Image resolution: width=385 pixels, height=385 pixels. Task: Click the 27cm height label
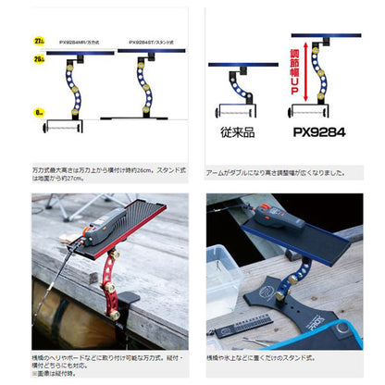(36, 41)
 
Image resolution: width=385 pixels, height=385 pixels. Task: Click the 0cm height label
(37, 109)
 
